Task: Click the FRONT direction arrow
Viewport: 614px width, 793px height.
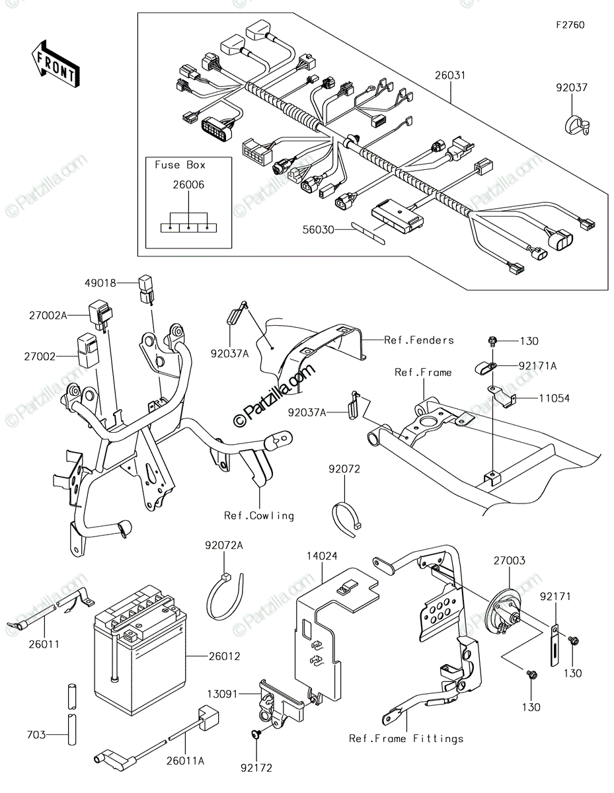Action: coord(55,64)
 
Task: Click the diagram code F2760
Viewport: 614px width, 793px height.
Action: coord(570,25)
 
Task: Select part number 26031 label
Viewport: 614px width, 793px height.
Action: coord(450,75)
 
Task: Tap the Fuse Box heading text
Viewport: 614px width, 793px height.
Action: coord(180,165)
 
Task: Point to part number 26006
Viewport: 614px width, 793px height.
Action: coord(188,184)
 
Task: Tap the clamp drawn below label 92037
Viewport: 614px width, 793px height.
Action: coord(576,125)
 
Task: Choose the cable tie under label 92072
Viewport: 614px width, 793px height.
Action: coord(345,519)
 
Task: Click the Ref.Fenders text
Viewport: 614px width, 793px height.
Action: coord(419,340)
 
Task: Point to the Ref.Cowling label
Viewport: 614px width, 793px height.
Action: coord(258,515)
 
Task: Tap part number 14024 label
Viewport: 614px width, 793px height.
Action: coord(322,556)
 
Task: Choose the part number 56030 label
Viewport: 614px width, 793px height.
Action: coord(318,230)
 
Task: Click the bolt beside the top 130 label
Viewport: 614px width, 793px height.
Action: coord(492,341)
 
